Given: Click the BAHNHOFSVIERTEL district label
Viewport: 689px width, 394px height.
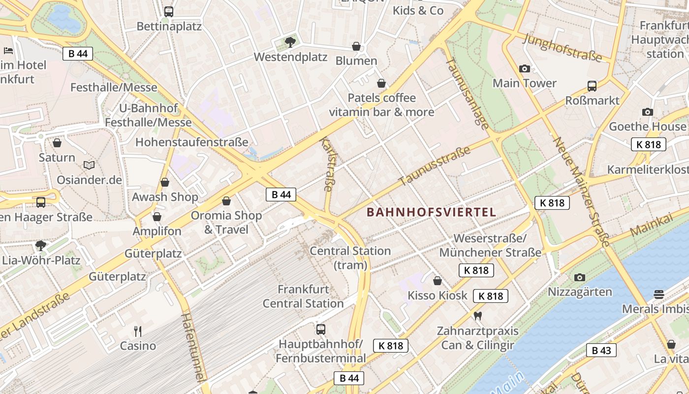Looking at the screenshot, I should pyautogui.click(x=431, y=212).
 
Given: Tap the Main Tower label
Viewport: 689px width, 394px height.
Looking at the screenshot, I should pyautogui.click(x=525, y=83).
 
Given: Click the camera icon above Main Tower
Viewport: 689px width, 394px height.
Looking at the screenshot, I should pyautogui.click(x=525, y=68).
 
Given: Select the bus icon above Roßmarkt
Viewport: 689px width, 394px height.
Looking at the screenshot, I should pyautogui.click(x=592, y=86).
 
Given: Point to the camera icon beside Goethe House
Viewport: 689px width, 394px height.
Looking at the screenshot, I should pyautogui.click(x=648, y=112).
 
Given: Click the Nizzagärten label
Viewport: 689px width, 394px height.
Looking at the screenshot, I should pyautogui.click(x=580, y=292).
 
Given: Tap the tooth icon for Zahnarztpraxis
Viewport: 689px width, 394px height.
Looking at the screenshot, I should pyautogui.click(x=477, y=316).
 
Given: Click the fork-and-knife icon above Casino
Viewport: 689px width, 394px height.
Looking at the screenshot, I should pyautogui.click(x=138, y=331).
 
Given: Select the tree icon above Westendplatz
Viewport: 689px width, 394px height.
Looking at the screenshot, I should pyautogui.click(x=290, y=42).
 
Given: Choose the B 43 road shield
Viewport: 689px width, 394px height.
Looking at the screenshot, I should pyautogui.click(x=601, y=350).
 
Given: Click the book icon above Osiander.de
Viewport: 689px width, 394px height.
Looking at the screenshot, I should pyautogui.click(x=89, y=165).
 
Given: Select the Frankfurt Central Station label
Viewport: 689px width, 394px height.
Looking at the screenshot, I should pyautogui.click(x=303, y=296).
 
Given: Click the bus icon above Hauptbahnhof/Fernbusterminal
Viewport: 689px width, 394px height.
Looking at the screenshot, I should pyautogui.click(x=321, y=329).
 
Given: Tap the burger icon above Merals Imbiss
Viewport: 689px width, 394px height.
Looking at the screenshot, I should pyautogui.click(x=659, y=295).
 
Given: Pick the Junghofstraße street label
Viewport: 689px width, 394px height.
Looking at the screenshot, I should pyautogui.click(x=563, y=48).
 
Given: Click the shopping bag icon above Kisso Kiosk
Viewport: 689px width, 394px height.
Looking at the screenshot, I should pyautogui.click(x=437, y=281).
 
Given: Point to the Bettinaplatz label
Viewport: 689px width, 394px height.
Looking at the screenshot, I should pyautogui.click(x=169, y=26).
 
